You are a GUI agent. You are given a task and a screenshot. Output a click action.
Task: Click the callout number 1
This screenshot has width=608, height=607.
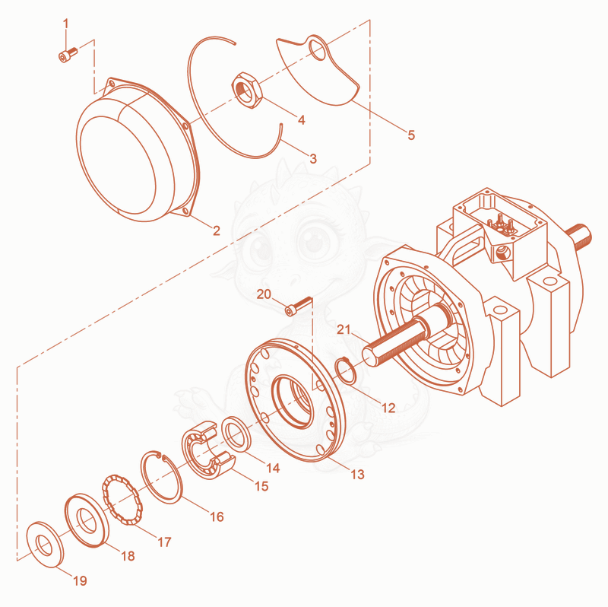click(x=65, y=24)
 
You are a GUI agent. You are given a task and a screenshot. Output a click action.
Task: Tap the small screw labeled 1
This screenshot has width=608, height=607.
click(x=68, y=54)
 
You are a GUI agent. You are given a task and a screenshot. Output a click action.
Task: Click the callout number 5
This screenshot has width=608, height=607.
click(x=411, y=135)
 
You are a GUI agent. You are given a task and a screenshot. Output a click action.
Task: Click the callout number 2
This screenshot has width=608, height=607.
click(x=217, y=230)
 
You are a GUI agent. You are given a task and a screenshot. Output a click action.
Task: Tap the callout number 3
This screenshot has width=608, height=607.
click(x=313, y=158)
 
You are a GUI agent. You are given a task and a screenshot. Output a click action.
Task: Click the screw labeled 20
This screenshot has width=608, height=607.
click(x=298, y=307)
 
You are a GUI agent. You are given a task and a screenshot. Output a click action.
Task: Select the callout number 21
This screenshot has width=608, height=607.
click(x=344, y=329)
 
